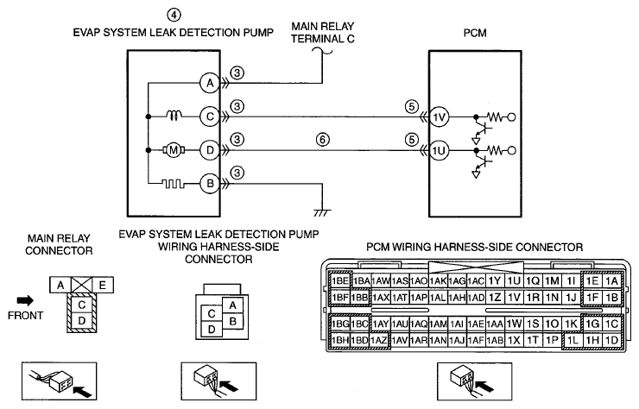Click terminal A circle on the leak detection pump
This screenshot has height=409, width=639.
[x=210, y=83]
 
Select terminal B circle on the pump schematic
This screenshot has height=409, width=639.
[x=210, y=184]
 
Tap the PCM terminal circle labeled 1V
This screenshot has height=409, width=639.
[x=439, y=117]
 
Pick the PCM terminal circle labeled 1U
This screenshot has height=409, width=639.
[x=439, y=151]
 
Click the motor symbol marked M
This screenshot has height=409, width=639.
[x=174, y=150]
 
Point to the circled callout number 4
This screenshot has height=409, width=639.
[x=174, y=15]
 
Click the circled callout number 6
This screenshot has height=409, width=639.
[x=322, y=140]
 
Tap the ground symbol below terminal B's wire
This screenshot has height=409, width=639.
[x=322, y=212]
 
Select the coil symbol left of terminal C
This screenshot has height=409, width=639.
[x=174, y=116]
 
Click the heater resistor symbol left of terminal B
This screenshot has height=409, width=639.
[x=174, y=184]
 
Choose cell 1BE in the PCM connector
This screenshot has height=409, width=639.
[x=340, y=281]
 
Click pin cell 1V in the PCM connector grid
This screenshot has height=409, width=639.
[x=515, y=298]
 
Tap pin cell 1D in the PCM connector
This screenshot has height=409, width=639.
[x=611, y=340]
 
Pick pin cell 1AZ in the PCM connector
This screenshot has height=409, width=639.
[x=379, y=340]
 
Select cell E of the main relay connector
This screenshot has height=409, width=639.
[x=102, y=285]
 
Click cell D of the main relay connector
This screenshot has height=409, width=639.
[x=82, y=320]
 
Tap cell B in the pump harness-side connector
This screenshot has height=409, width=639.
[x=232, y=321]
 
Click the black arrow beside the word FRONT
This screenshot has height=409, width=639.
[x=25, y=300]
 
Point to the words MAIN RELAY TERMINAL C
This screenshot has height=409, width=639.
[x=323, y=33]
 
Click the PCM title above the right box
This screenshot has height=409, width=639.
[x=475, y=33]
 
